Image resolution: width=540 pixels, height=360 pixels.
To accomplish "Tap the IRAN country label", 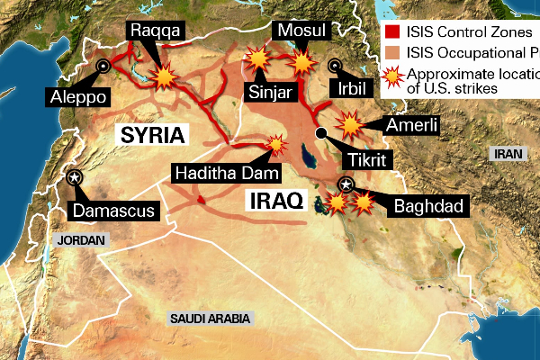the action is pyautogui.click(x=508, y=154).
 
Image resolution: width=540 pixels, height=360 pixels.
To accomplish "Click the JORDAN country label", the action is pyautogui.click(x=80, y=240).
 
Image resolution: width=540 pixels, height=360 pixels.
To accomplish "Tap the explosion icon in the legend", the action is pyautogui.click(x=392, y=82).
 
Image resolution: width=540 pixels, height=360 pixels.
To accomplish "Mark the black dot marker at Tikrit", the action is pyautogui.click(x=320, y=134).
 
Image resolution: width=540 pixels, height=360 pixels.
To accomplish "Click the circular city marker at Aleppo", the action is pyautogui.click(x=103, y=65).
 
